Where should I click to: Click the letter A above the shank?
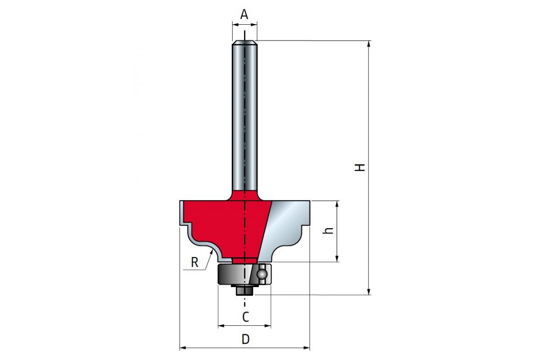click(244, 15)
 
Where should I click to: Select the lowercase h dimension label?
click(329, 230)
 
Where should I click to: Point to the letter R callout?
click(194, 262)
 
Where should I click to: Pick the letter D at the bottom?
click(245, 339)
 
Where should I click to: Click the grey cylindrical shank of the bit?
click(244, 117)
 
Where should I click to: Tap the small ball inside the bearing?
click(261, 274)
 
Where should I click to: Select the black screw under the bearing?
click(243, 291)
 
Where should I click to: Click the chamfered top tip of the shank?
click(244, 43)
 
